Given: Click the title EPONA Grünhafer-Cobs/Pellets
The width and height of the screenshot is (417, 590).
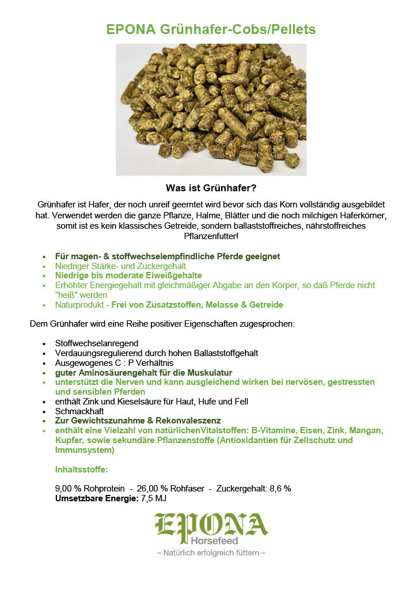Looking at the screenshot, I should click(x=211, y=29).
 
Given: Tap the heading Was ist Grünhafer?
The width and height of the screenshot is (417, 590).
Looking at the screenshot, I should click(x=211, y=188).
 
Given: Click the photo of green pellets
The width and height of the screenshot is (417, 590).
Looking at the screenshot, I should click(x=211, y=109).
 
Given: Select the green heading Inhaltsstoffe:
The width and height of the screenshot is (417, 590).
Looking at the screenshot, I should click(x=81, y=470).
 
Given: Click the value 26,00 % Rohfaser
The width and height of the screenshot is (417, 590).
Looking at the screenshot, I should click(x=170, y=489).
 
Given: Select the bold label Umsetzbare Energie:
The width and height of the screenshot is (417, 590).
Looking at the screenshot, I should click(x=96, y=498).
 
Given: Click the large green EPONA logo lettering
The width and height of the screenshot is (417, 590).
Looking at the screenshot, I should click(x=211, y=524).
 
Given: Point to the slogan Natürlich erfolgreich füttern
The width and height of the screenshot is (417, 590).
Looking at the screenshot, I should click(x=211, y=553).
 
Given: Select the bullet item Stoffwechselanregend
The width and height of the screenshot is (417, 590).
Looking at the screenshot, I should click(x=96, y=343).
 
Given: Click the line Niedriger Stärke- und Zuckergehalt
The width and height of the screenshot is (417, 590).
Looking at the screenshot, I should click(x=120, y=266).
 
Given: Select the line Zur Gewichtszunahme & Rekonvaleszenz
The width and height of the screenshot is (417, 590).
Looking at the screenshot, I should click(x=138, y=421).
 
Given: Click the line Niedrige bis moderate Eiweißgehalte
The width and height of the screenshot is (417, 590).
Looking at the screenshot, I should click(x=128, y=276).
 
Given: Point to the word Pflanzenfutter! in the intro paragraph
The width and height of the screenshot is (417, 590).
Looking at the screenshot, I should click(x=211, y=236).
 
